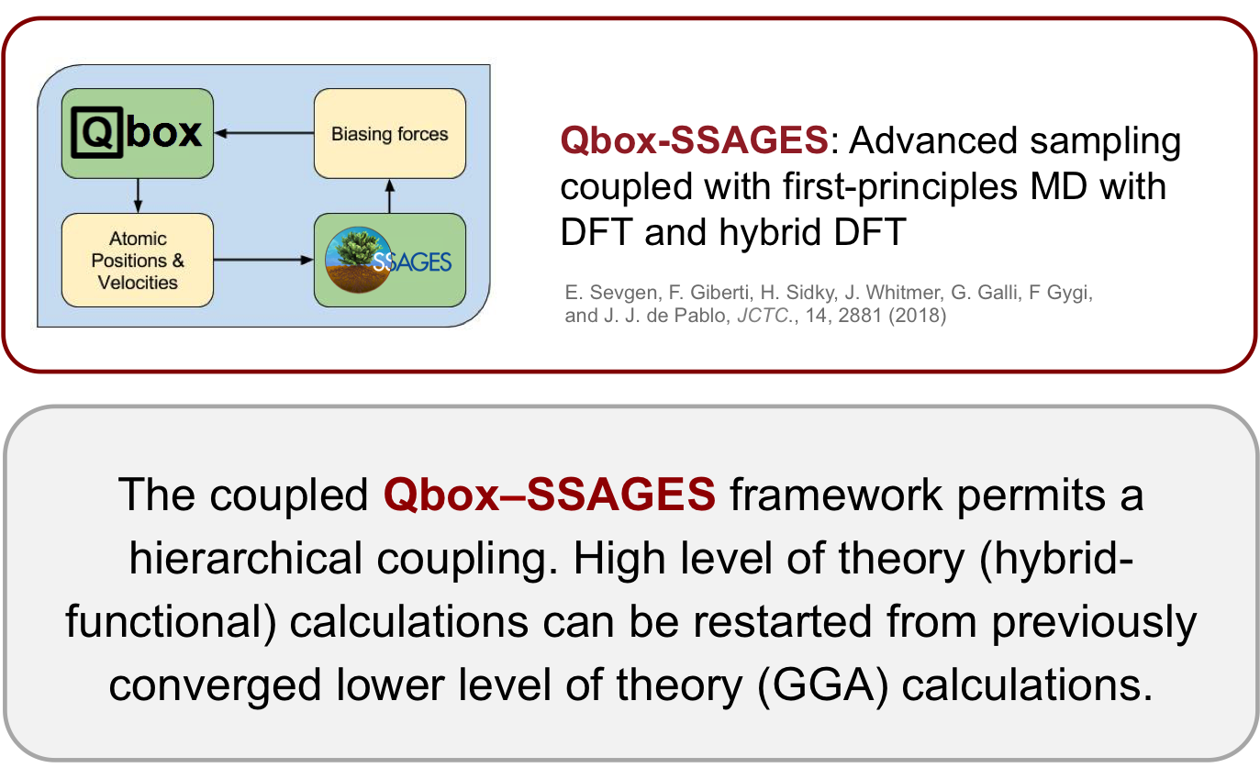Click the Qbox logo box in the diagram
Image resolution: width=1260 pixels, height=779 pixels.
pyautogui.click(x=138, y=133)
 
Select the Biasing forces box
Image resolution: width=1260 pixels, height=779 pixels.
pyautogui.click(x=390, y=133)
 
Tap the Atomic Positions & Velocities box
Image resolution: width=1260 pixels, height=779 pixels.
pyautogui.click(x=138, y=260)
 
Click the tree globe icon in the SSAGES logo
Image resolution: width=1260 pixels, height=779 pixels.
pyautogui.click(x=358, y=260)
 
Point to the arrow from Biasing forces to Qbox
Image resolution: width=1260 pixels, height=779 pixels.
pyautogui.click(x=264, y=133)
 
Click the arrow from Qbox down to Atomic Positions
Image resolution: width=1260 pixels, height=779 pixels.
pyautogui.click(x=138, y=195)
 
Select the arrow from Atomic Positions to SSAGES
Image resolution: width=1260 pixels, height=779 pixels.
pyautogui.click(x=263, y=260)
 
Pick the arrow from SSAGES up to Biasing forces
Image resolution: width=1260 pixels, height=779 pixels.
pyautogui.click(x=390, y=195)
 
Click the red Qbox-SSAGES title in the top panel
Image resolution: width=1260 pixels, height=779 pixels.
pyautogui.click(x=694, y=140)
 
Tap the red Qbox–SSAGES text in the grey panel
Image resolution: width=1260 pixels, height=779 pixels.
pyautogui.click(x=549, y=495)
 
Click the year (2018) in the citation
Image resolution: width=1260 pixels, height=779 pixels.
pyautogui.click(x=918, y=316)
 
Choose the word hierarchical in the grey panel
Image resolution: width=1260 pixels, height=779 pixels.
pyautogui.click(x=246, y=559)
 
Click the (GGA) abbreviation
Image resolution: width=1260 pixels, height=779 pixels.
pyautogui.click(x=823, y=685)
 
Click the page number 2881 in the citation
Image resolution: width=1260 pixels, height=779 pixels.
pyautogui.click(x=860, y=316)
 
